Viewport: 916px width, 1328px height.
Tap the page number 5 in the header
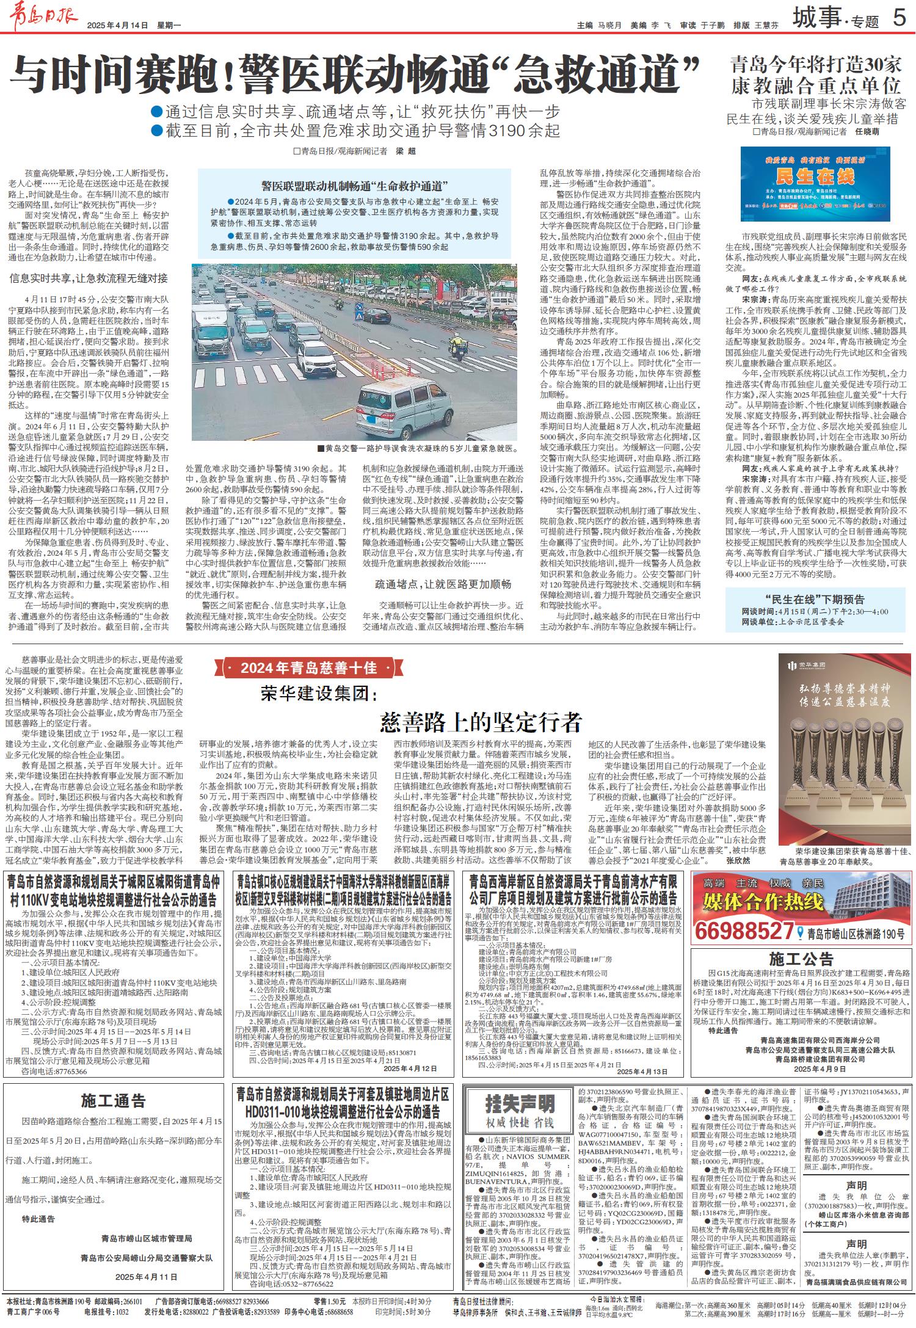coord(898,20)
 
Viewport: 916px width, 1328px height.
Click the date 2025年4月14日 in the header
coord(118,25)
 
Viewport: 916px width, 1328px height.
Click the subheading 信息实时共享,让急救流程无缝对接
coord(89,278)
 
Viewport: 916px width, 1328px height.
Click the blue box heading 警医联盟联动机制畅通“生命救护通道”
coord(355,186)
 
